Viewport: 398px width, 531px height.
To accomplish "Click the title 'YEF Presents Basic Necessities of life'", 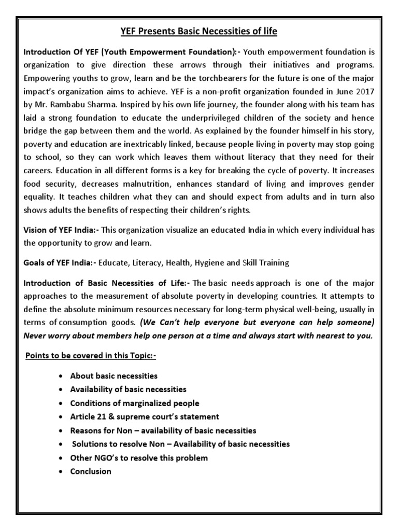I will click(x=199, y=32).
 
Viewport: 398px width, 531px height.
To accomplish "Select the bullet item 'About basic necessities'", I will click(x=113, y=375).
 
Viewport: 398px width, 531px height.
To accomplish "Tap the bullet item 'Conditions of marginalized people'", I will click(x=134, y=403).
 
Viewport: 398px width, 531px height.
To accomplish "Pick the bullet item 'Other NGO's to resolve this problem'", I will click(x=139, y=458).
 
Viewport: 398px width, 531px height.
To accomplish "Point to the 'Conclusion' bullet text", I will click(x=91, y=471).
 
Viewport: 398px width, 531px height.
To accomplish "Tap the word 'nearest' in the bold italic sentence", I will click(x=320, y=335).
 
